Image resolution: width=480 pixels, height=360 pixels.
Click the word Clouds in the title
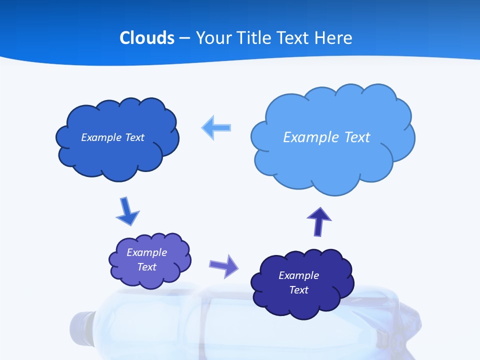pyautogui.click(x=146, y=38)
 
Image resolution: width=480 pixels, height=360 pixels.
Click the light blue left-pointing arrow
pyautogui.click(x=216, y=128)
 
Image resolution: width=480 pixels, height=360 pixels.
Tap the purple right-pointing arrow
pyautogui.click(x=223, y=265)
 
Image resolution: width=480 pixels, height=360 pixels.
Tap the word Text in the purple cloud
pyautogui.click(x=147, y=267)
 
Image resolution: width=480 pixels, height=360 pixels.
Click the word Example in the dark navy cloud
pyautogui.click(x=298, y=275)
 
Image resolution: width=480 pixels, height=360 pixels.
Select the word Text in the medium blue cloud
pyautogui.click(x=134, y=137)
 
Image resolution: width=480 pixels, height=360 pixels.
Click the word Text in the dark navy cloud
pyautogui.click(x=298, y=290)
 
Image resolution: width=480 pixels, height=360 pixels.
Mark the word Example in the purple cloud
pyautogui.click(x=146, y=252)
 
